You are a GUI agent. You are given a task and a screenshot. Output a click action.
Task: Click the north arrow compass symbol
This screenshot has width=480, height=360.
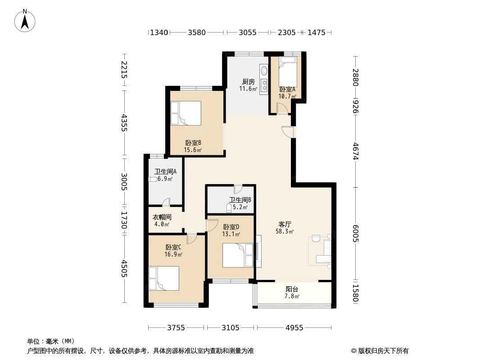pyautogui.click(x=25, y=21)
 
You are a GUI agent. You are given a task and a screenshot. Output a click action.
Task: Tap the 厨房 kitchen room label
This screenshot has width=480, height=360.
pyautogui.click(x=249, y=82)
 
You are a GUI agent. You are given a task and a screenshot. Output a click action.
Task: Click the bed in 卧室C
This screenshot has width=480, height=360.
pyautogui.click(x=164, y=278)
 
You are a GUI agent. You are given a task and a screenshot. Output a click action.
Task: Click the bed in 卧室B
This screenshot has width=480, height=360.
pyautogui.click(x=186, y=113)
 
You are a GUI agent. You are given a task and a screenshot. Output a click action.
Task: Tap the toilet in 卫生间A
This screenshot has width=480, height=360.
pyautogui.click(x=154, y=179)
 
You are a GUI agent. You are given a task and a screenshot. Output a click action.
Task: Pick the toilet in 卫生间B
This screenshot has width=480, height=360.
pyautogui.click(x=229, y=208)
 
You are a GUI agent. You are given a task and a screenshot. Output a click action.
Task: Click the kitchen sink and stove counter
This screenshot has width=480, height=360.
pyautogui.click(x=263, y=79)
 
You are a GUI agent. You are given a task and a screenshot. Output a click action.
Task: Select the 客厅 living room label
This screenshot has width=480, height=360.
pyautogui.click(x=285, y=224)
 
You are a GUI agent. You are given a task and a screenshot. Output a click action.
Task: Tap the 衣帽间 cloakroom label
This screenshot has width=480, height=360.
pyautogui.click(x=162, y=217)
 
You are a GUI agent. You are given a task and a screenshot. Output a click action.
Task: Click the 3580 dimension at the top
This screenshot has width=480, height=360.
pyautogui.click(x=197, y=32)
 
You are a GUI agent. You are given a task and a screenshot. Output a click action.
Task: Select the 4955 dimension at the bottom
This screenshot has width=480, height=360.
pyautogui.click(x=294, y=328)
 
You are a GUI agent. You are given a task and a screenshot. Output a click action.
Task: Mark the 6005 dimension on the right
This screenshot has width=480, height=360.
pyautogui.click(x=356, y=234)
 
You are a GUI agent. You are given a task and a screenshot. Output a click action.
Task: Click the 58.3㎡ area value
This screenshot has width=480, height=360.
pyautogui.click(x=285, y=232)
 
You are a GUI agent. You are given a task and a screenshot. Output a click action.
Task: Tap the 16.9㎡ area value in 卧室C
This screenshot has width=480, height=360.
pyautogui.click(x=173, y=254)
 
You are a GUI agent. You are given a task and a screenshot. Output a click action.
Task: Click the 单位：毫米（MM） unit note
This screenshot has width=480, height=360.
pyautogui.click(x=51, y=341)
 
